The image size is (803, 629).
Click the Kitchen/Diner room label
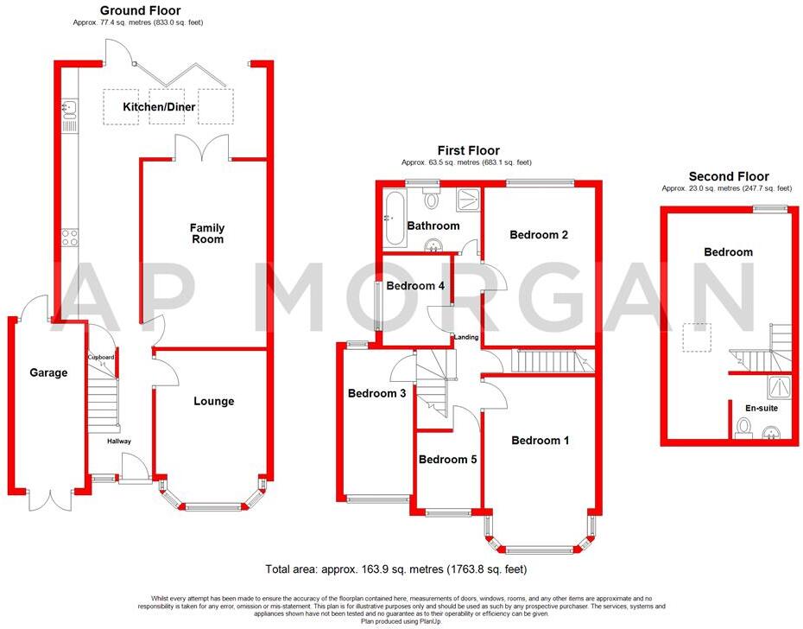[159, 107]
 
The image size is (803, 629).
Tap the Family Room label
[206, 233]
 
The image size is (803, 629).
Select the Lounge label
[213, 401]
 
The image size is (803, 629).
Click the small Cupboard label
[100, 356]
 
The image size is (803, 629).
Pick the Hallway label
[119, 442]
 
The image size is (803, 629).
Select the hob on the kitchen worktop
[68, 236]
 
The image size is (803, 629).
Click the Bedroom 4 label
[415, 286]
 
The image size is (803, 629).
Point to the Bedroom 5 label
[447, 460]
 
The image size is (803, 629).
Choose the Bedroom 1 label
[540, 441]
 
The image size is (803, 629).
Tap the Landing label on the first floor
[467, 337]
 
